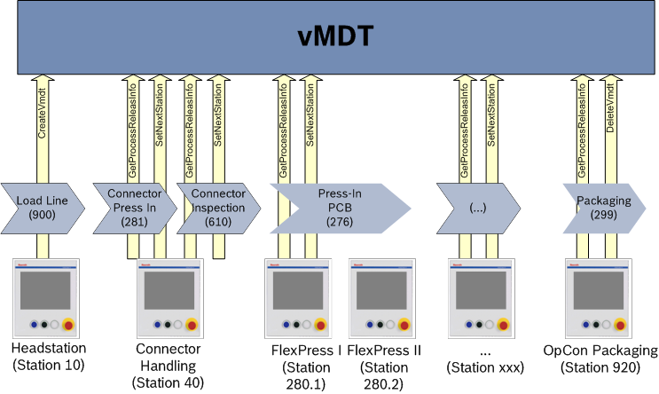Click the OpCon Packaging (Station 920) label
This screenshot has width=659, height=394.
[600, 357]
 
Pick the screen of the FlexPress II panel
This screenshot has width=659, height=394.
[385, 291]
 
